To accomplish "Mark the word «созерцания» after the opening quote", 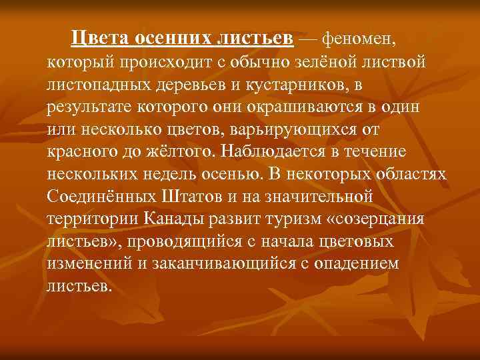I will pos(386,220).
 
